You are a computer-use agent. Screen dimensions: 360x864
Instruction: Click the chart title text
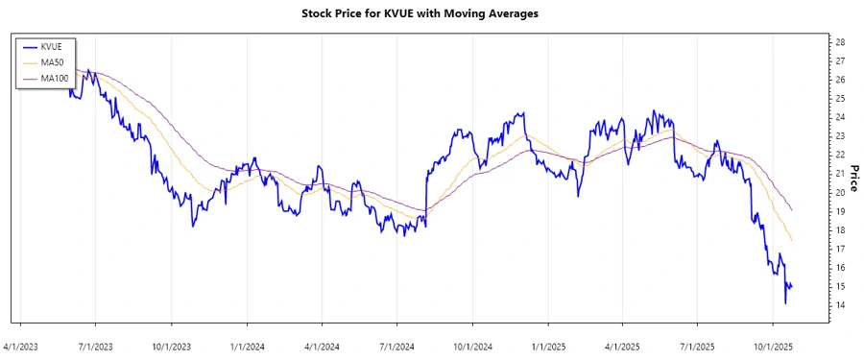point(432,14)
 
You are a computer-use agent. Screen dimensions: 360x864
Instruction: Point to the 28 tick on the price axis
point(840,43)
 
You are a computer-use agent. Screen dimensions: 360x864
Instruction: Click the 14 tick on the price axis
point(840,305)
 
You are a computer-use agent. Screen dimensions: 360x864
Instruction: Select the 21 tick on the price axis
point(840,174)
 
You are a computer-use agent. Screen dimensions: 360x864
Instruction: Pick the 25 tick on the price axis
point(840,99)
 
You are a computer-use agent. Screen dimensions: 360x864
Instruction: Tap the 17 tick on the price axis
point(840,249)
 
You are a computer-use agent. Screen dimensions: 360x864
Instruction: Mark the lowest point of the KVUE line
point(785,303)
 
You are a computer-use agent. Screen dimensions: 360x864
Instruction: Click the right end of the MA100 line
point(791,209)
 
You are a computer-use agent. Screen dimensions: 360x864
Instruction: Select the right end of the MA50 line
point(791,240)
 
